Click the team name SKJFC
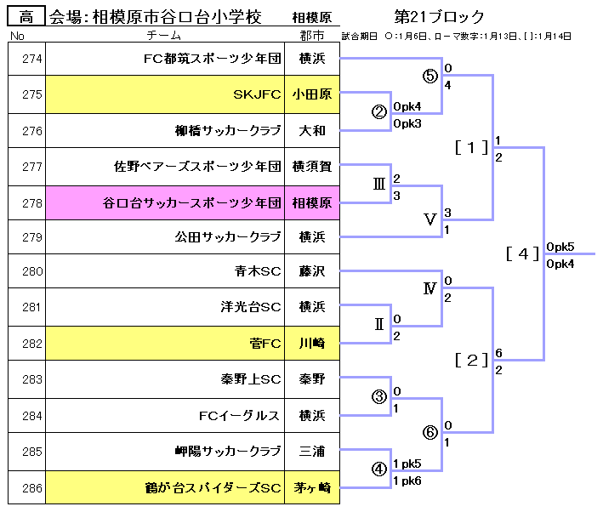256,95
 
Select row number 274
31,60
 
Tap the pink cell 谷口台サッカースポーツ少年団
191,202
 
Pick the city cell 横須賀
314,167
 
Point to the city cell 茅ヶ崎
312,488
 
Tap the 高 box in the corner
26,17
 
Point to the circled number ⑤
429,75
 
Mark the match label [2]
471,360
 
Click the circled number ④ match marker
379,469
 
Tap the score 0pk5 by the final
561,247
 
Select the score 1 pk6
407,481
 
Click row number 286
31,488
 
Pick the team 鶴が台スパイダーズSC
213,488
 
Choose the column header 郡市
312,37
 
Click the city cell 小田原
312,95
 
